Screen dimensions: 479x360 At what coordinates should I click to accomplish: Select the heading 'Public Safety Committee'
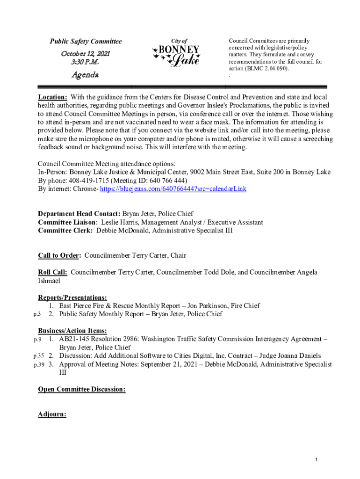86,42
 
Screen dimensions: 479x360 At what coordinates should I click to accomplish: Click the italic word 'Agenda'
85,74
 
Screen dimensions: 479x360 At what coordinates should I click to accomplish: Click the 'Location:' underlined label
52,97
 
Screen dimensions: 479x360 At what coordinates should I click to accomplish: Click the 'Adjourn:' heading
52,414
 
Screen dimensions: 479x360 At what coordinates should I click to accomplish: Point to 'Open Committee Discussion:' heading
81,389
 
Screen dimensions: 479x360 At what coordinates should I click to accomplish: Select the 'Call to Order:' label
59,255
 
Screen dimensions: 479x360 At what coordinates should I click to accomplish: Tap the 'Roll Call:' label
52,272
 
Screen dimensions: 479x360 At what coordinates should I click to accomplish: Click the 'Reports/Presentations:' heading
72,298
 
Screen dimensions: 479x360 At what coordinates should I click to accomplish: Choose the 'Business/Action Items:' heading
72,331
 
